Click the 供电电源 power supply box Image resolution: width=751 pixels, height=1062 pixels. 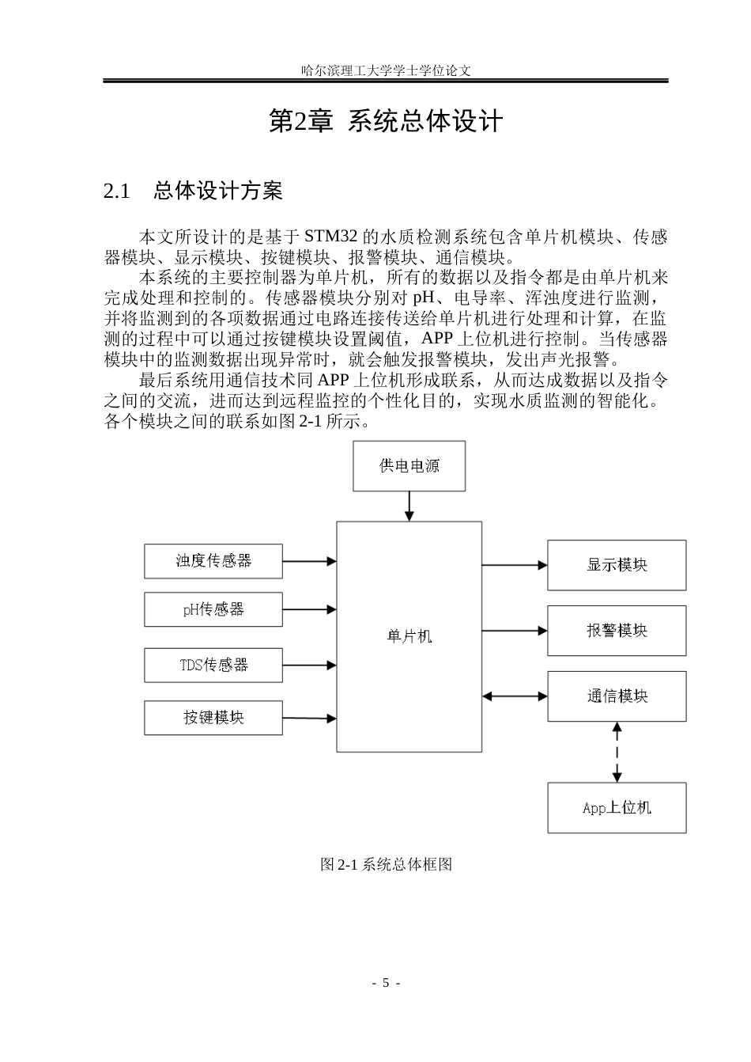409,466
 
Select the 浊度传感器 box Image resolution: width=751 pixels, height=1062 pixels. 213,561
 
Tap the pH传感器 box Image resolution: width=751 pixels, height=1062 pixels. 213,609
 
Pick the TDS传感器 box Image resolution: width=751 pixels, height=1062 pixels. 213,666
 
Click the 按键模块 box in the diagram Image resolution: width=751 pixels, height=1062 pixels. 213,718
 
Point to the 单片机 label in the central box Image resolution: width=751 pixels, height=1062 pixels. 409,636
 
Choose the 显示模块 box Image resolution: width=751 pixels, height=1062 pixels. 617,565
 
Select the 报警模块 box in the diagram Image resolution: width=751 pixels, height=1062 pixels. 617,631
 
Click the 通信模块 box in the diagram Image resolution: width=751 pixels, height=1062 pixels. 617,696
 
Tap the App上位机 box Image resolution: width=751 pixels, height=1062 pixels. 617,808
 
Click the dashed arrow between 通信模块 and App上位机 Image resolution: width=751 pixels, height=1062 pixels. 617,753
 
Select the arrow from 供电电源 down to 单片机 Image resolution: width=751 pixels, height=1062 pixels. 409,506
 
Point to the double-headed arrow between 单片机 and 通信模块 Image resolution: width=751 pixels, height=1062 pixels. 515,696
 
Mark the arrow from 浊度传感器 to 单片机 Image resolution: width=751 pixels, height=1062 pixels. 310,561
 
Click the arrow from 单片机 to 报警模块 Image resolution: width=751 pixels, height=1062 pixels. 515,631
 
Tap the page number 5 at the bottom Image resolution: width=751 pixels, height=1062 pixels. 386,983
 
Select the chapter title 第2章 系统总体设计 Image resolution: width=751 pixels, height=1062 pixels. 386,121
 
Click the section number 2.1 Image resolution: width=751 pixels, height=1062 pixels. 117,192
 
